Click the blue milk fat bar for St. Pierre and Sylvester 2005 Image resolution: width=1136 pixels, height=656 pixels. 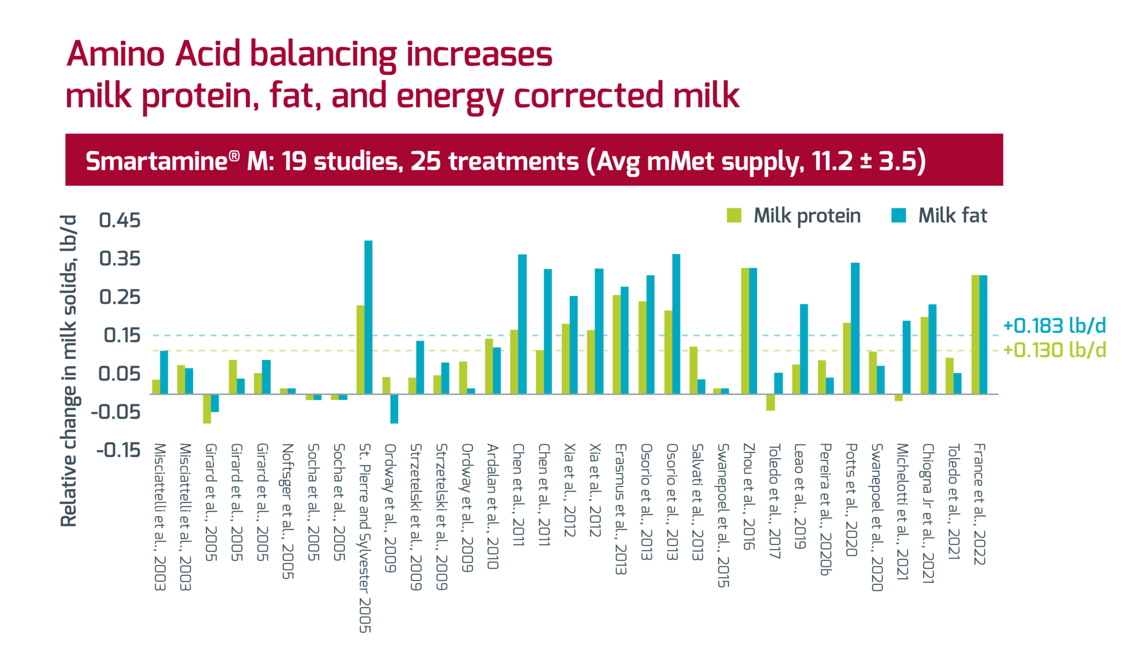pyautogui.click(x=368, y=317)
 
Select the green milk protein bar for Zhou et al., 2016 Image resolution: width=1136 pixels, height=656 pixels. pyautogui.click(x=745, y=331)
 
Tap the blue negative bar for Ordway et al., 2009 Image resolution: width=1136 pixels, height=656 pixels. pyautogui.click(x=394, y=409)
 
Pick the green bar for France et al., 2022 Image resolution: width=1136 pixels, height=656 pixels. pyautogui.click(x=975, y=334)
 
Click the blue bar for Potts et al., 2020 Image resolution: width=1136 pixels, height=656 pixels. pyautogui.click(x=855, y=328)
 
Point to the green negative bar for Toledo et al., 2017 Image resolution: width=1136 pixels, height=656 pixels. pyautogui.click(x=770, y=402)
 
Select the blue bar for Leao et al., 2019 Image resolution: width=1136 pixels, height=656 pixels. pyautogui.click(x=804, y=349)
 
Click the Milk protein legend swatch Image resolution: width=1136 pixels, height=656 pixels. pyautogui.click(x=734, y=216)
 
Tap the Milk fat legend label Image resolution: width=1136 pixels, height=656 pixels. pyautogui.click(x=952, y=216)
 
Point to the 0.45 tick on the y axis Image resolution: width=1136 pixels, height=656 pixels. pyautogui.click(x=120, y=220)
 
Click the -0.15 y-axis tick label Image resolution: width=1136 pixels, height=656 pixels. pyautogui.click(x=119, y=450)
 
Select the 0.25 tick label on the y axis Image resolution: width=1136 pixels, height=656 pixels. pyautogui.click(x=120, y=297)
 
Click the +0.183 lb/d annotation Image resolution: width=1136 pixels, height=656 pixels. pyautogui.click(x=1054, y=326)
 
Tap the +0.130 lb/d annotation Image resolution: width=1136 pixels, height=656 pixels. pyautogui.click(x=1054, y=350)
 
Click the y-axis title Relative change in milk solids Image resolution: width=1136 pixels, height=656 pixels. pyautogui.click(x=69, y=370)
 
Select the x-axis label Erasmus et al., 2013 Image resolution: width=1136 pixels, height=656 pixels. pyautogui.click(x=620, y=508)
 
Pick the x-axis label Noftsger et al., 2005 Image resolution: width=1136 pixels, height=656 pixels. pyautogui.click(x=287, y=510)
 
